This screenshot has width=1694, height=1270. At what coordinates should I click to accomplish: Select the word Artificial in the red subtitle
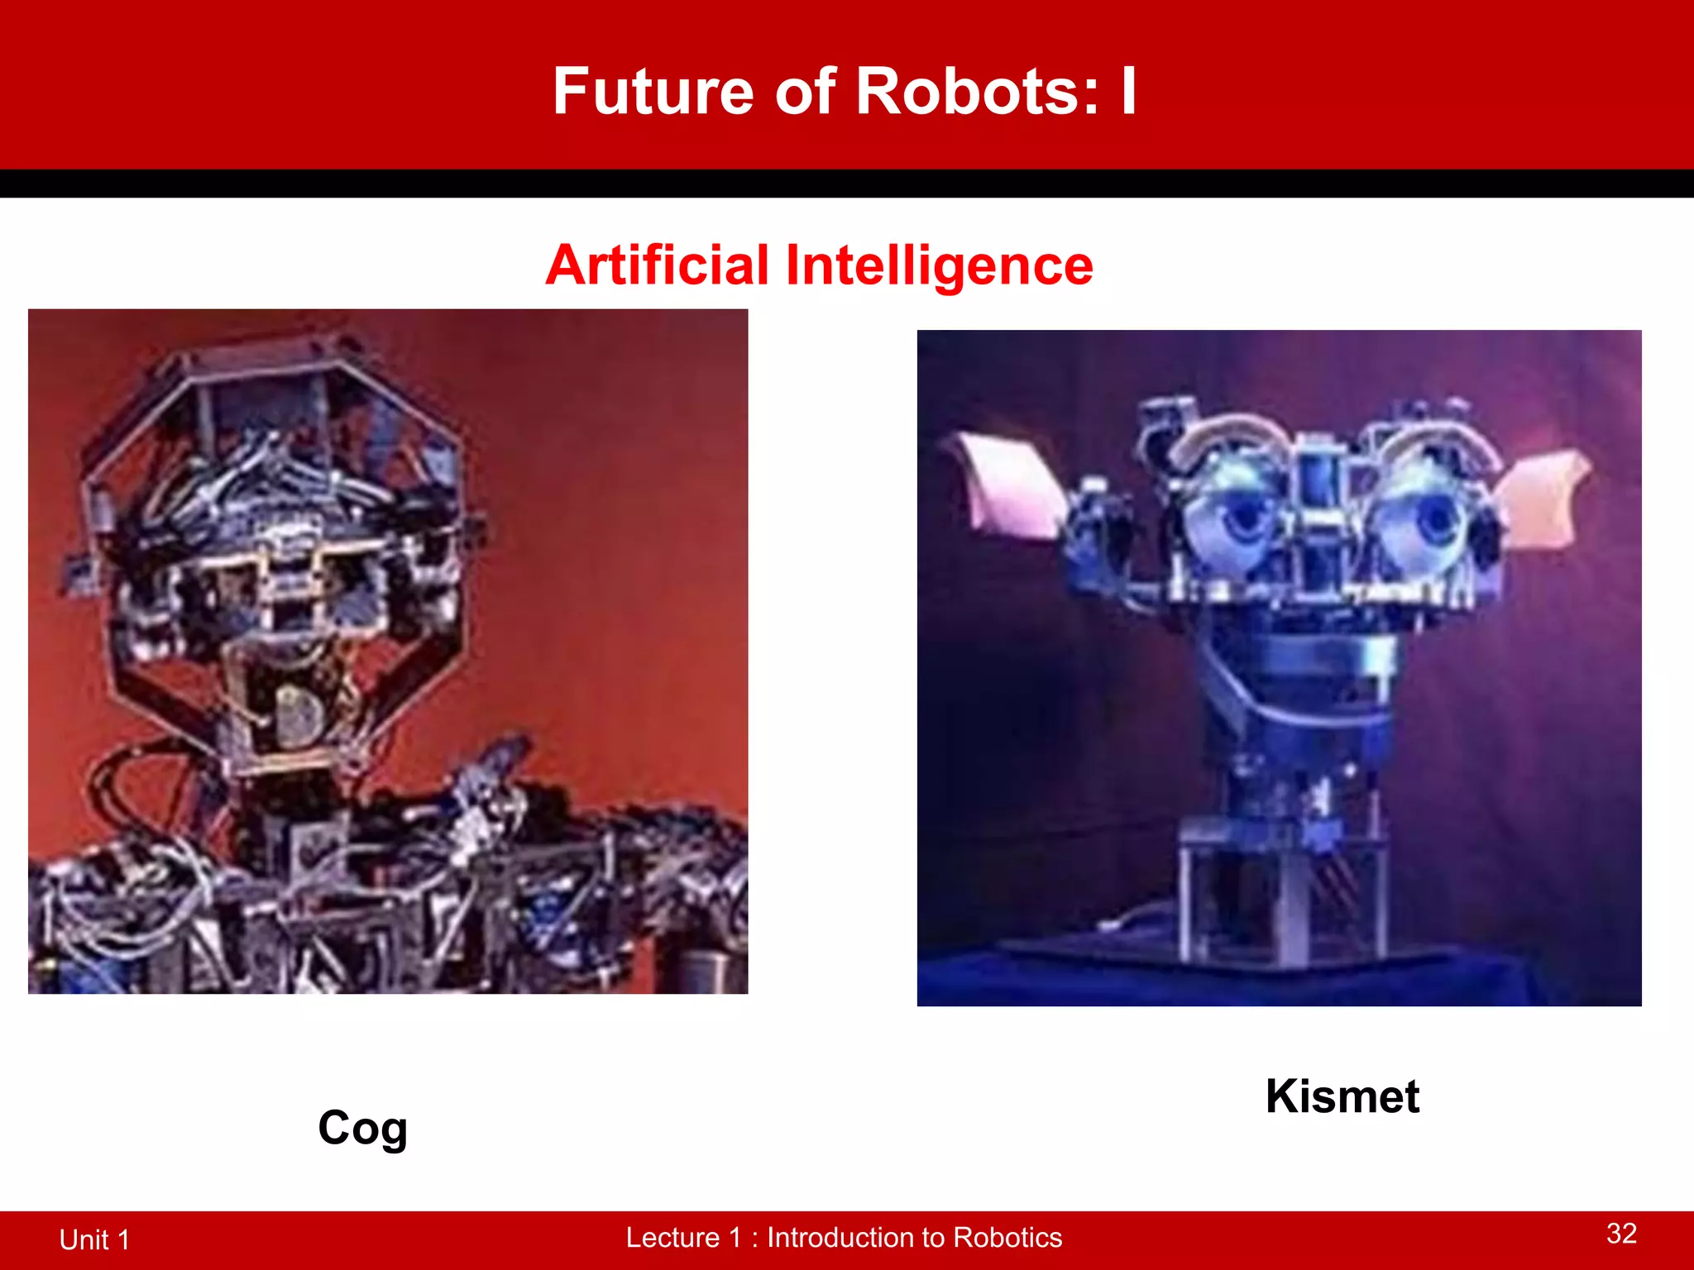[x=658, y=265]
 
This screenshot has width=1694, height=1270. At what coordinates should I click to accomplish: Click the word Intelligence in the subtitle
[x=939, y=265]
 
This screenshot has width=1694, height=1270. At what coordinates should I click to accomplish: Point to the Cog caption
[x=362, y=1129]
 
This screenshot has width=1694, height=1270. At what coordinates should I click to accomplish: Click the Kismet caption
[x=1342, y=1097]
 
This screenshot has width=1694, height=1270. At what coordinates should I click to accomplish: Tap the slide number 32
[x=1621, y=1234]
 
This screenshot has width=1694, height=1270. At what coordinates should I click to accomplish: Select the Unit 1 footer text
[x=94, y=1239]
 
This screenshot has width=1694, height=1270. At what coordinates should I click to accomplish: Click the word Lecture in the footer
[x=672, y=1238]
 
